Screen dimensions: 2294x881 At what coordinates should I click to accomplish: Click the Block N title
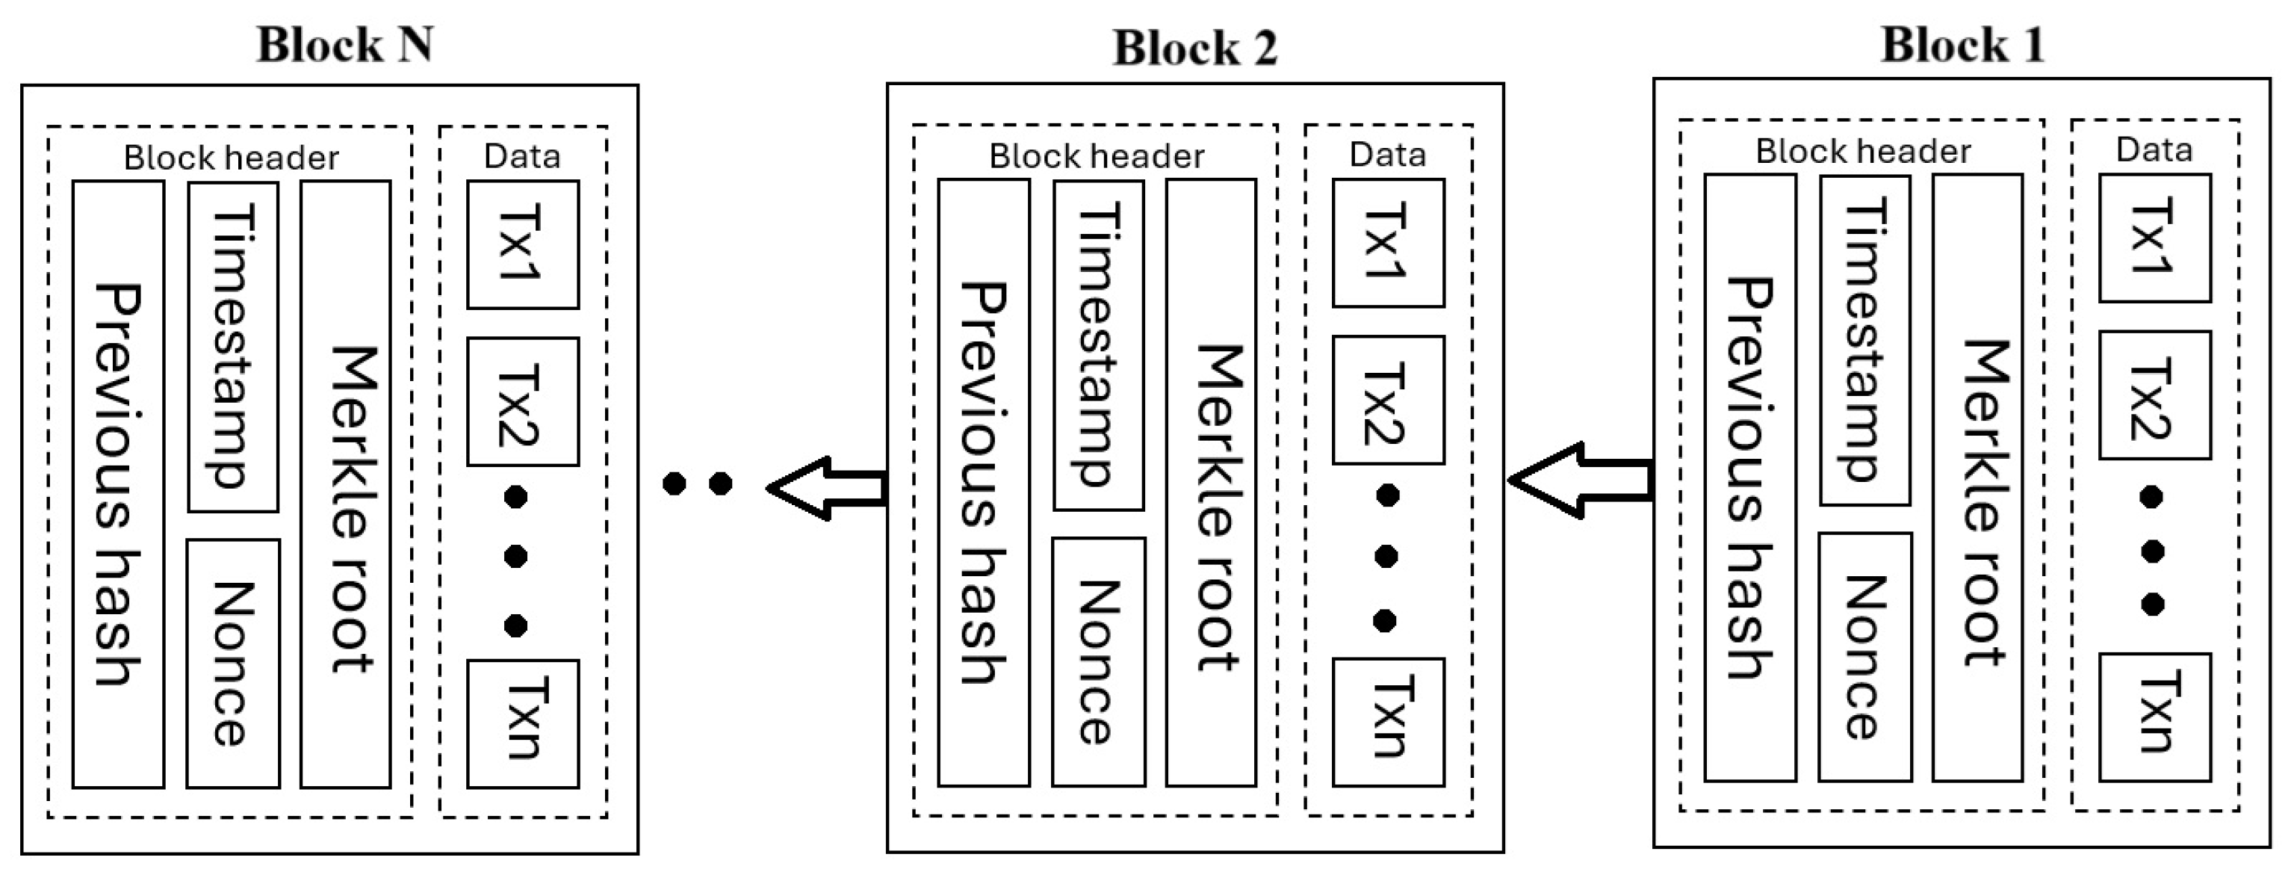[344, 45]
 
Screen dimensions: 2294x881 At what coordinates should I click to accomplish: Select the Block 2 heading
[1194, 47]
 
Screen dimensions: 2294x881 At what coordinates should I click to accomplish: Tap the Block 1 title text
[1962, 45]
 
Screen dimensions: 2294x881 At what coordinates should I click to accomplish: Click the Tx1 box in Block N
[523, 245]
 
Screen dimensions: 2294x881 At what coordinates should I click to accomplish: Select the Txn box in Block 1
[2154, 717]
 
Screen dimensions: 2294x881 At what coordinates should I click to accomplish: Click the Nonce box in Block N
[233, 664]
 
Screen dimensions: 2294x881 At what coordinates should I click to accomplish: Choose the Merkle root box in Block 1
[1977, 478]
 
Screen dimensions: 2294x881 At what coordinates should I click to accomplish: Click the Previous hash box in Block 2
[983, 483]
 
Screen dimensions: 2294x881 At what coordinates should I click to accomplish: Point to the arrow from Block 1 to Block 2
[1581, 480]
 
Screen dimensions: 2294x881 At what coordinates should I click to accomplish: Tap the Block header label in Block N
[231, 158]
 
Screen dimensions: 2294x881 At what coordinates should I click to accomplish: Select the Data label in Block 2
[1386, 155]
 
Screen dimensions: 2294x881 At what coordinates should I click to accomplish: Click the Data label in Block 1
[2154, 149]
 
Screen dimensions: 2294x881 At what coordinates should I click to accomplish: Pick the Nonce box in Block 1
[1864, 658]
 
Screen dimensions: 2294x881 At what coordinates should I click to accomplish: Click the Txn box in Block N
[523, 723]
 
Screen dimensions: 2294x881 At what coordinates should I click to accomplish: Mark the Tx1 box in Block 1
[2154, 238]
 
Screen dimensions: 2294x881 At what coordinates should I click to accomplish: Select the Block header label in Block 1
[1862, 152]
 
